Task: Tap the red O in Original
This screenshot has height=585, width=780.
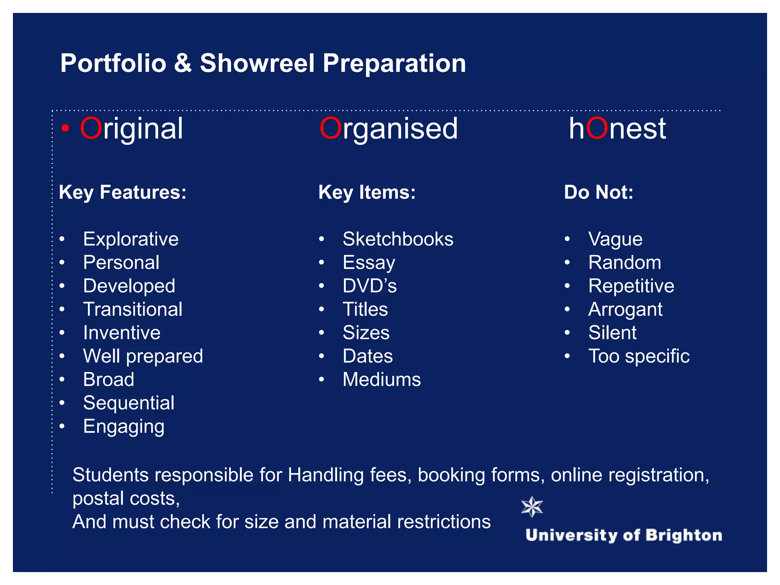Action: (x=91, y=129)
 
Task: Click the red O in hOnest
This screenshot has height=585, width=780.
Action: (x=597, y=129)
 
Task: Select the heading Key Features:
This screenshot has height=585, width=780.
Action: (x=123, y=192)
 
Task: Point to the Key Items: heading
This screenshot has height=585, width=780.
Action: (x=367, y=192)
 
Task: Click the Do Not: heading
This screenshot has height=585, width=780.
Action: (x=598, y=192)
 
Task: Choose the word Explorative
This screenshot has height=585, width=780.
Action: (x=131, y=239)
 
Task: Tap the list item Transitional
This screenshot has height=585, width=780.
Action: (x=133, y=309)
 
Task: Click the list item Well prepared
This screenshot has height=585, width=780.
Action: (x=143, y=356)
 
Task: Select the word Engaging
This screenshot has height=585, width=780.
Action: (x=124, y=427)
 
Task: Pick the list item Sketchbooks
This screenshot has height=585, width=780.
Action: (x=398, y=239)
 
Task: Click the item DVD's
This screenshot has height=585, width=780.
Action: (x=369, y=286)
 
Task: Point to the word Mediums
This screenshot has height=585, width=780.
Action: (x=382, y=380)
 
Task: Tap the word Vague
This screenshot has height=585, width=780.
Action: (x=615, y=239)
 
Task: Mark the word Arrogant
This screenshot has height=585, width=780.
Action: (x=625, y=309)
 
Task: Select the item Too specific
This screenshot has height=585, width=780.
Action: (x=639, y=356)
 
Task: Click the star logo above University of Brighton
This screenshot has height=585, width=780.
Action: (x=532, y=507)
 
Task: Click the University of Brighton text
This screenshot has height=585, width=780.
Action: (x=623, y=535)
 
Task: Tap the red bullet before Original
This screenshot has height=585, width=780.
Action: (x=66, y=129)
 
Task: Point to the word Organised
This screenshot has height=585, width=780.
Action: (x=388, y=129)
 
